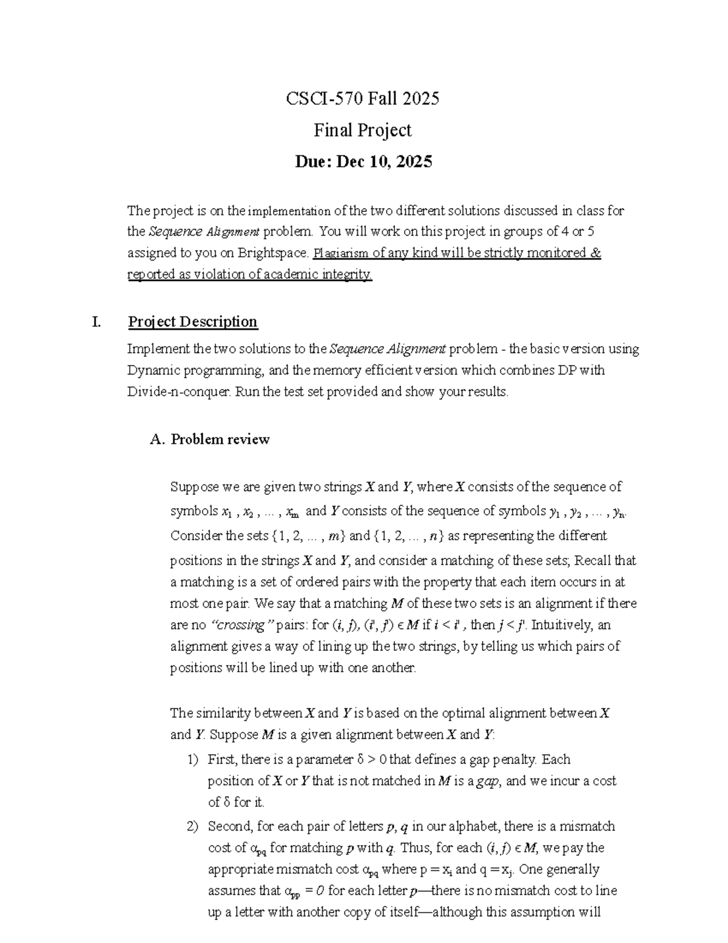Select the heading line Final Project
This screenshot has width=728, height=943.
(362, 130)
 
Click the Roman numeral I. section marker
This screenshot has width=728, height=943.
(96, 322)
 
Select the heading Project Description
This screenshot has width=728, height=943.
(193, 322)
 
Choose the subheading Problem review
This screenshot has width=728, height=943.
(220, 440)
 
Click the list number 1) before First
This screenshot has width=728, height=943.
(192, 760)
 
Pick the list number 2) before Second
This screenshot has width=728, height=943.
(192, 826)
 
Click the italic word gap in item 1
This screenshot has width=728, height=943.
(487, 781)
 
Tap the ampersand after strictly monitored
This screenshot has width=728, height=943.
(595, 253)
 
